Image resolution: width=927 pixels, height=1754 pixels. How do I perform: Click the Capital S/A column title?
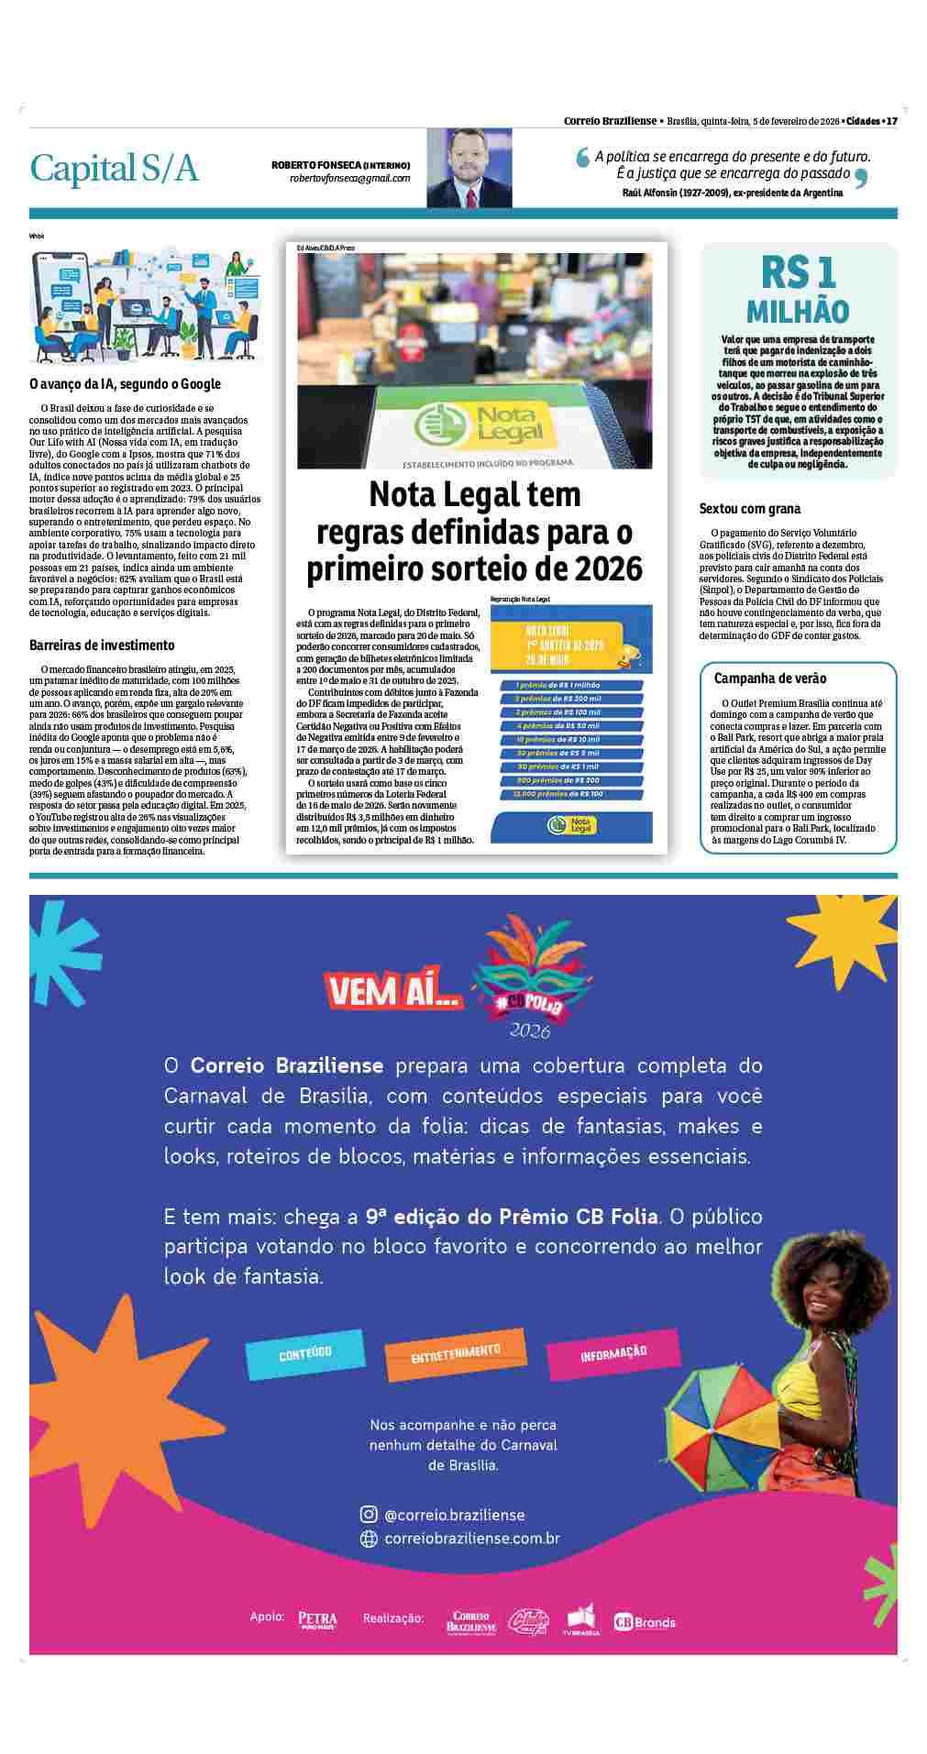114,169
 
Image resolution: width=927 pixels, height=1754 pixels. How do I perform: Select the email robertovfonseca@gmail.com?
349,178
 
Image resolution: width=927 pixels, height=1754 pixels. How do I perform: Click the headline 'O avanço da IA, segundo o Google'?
125,384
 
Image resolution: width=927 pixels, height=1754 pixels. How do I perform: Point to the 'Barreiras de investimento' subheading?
102,645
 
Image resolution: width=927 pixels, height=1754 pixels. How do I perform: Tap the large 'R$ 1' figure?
798,272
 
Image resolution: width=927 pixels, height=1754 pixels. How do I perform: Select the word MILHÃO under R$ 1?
798,312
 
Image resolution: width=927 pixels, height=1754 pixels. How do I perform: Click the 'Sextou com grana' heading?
749,508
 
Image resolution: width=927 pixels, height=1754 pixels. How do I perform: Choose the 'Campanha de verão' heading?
770,678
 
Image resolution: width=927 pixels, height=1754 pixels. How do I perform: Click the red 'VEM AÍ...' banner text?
391,991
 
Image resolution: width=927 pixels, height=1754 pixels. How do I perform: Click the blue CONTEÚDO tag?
304,1355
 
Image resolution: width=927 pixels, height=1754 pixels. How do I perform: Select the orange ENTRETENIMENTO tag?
456,1351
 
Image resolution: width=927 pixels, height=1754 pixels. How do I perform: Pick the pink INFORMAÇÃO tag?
613,1353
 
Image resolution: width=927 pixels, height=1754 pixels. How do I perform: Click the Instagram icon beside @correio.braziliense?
369,1515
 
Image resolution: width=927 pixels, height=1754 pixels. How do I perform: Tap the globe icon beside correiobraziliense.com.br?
369,1539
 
